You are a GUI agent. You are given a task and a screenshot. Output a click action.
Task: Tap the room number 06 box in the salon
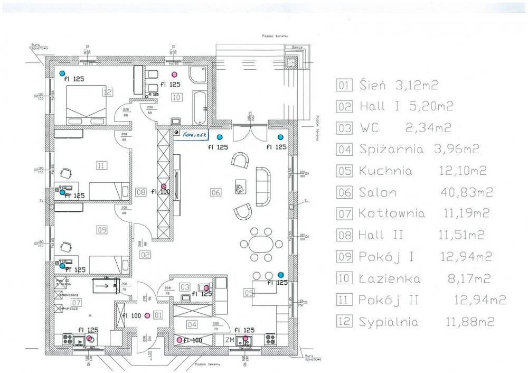point(215,192)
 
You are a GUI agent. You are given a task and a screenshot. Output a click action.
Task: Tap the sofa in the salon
point(262,186)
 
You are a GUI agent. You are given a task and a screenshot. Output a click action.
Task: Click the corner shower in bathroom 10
point(199,76)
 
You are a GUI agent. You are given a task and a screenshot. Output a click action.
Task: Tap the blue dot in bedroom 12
point(62,73)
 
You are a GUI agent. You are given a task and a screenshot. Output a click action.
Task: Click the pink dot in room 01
point(147,315)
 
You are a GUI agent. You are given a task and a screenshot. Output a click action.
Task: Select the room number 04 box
point(192,324)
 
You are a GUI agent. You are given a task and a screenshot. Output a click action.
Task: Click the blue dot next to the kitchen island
point(280,275)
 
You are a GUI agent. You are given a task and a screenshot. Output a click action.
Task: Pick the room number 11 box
point(101,165)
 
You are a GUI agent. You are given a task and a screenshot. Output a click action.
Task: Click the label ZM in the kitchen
point(230,340)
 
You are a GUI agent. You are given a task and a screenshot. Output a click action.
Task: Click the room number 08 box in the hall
point(140,192)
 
